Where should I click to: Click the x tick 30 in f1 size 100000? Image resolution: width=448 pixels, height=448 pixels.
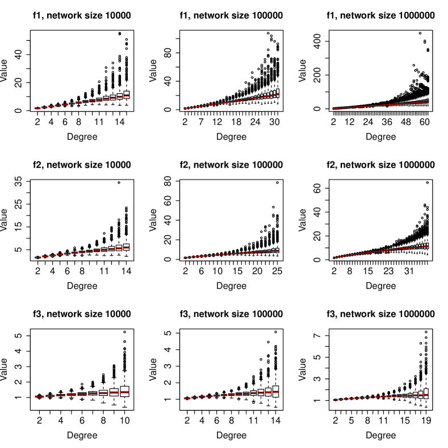coord(274,122)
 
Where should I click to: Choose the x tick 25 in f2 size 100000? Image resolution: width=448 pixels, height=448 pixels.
coord(277,271)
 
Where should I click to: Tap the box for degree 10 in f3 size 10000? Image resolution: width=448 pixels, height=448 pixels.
coord(125,391)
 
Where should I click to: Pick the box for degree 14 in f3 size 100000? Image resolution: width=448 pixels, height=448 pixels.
coord(276,392)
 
